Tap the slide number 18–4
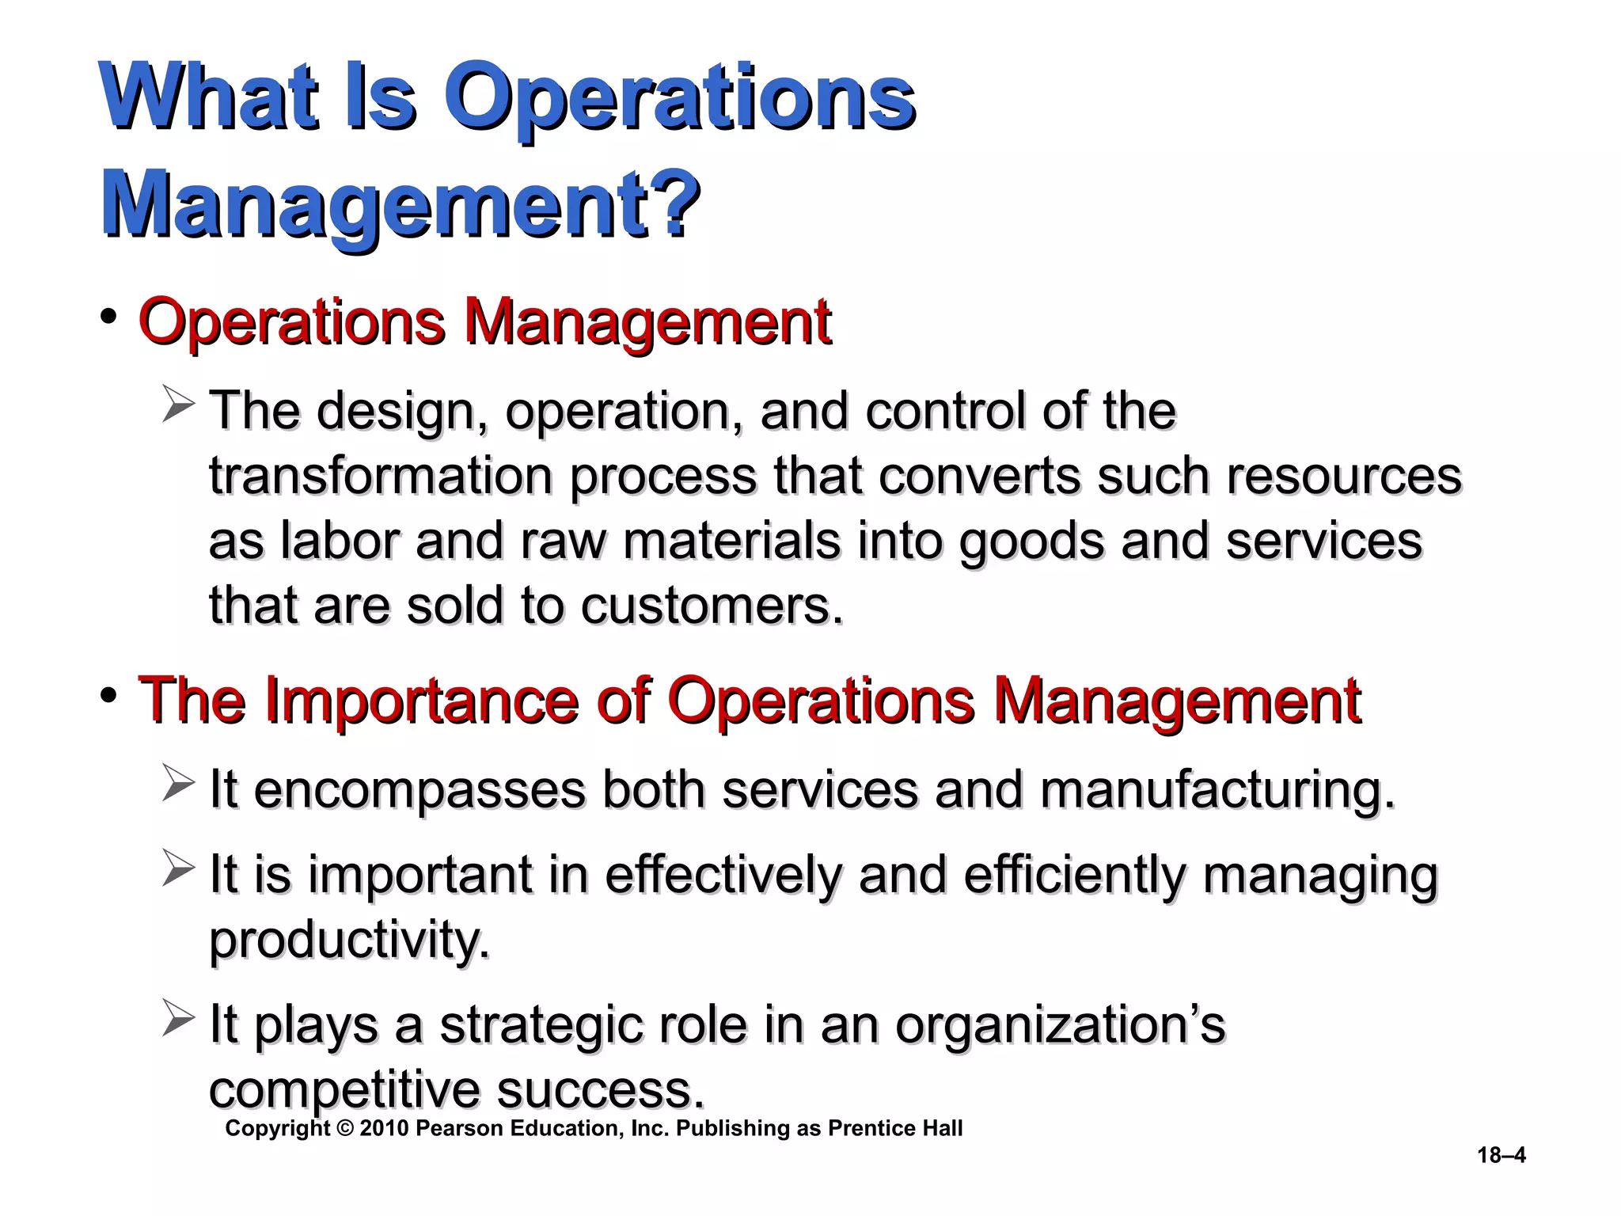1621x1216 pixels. [x=1501, y=1155]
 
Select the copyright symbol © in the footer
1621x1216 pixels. [x=344, y=1128]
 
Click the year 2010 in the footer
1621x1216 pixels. [x=384, y=1128]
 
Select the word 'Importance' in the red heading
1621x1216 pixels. [x=420, y=700]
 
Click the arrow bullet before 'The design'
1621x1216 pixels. [x=178, y=404]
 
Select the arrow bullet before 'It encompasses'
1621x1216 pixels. [x=178, y=783]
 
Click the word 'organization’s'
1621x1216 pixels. [x=1060, y=1024]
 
